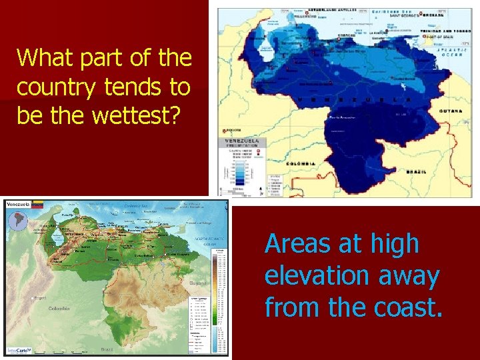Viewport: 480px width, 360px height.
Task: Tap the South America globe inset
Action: pos(17,221)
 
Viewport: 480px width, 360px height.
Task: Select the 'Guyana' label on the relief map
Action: pos(197,283)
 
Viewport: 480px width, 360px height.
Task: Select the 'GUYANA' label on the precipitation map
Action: pos(451,111)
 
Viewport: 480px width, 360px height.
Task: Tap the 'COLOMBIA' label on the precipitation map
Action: pos(298,163)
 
